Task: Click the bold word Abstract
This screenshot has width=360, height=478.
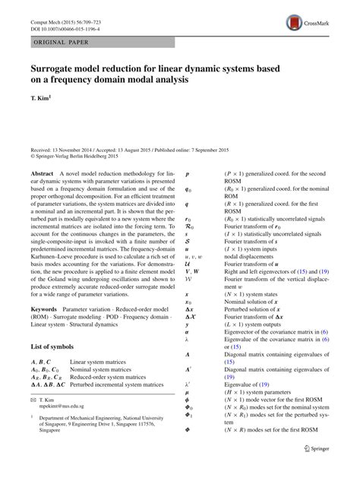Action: (42, 174)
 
